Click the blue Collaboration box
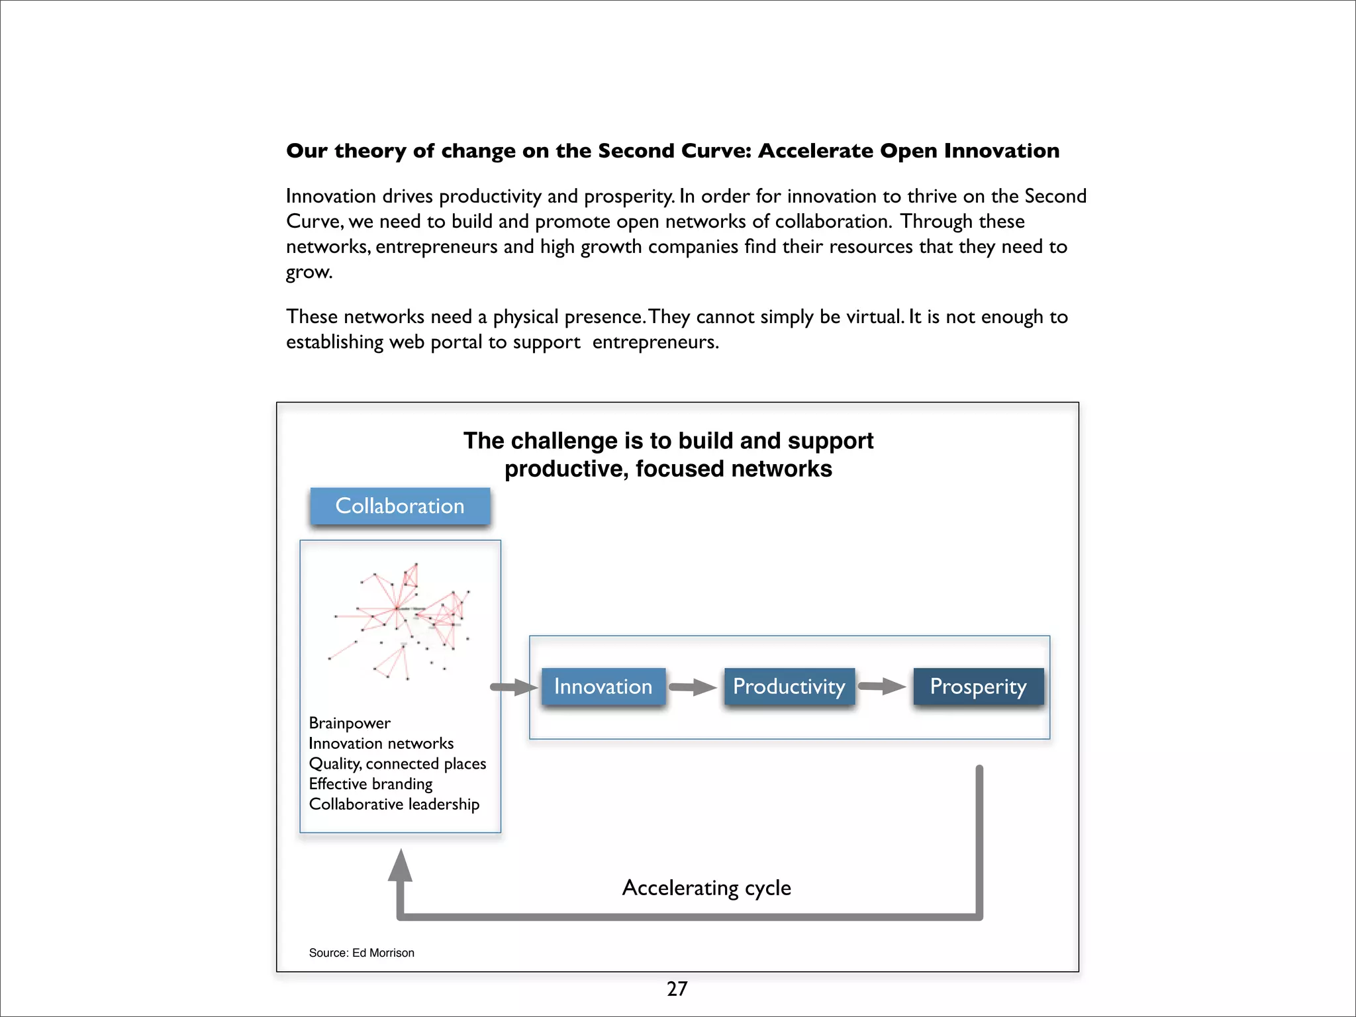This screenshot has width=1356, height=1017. [x=400, y=506]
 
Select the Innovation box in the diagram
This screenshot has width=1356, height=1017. [x=603, y=687]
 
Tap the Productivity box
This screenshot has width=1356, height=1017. [x=789, y=687]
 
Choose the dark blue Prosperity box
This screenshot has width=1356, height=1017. [x=978, y=687]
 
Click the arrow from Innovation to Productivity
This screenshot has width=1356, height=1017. [x=693, y=687]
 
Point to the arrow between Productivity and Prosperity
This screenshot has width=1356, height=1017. [x=882, y=687]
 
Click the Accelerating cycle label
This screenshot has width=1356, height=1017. [x=706, y=887]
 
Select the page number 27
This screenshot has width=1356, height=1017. [x=677, y=989]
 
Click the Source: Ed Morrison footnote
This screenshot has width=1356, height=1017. [x=362, y=953]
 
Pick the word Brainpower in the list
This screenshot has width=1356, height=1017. [x=350, y=723]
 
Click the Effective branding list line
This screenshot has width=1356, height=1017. [x=370, y=784]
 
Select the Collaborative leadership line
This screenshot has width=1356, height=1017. [x=394, y=804]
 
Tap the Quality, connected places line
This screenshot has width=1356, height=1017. [x=397, y=763]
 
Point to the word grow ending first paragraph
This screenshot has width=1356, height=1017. [x=308, y=272]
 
